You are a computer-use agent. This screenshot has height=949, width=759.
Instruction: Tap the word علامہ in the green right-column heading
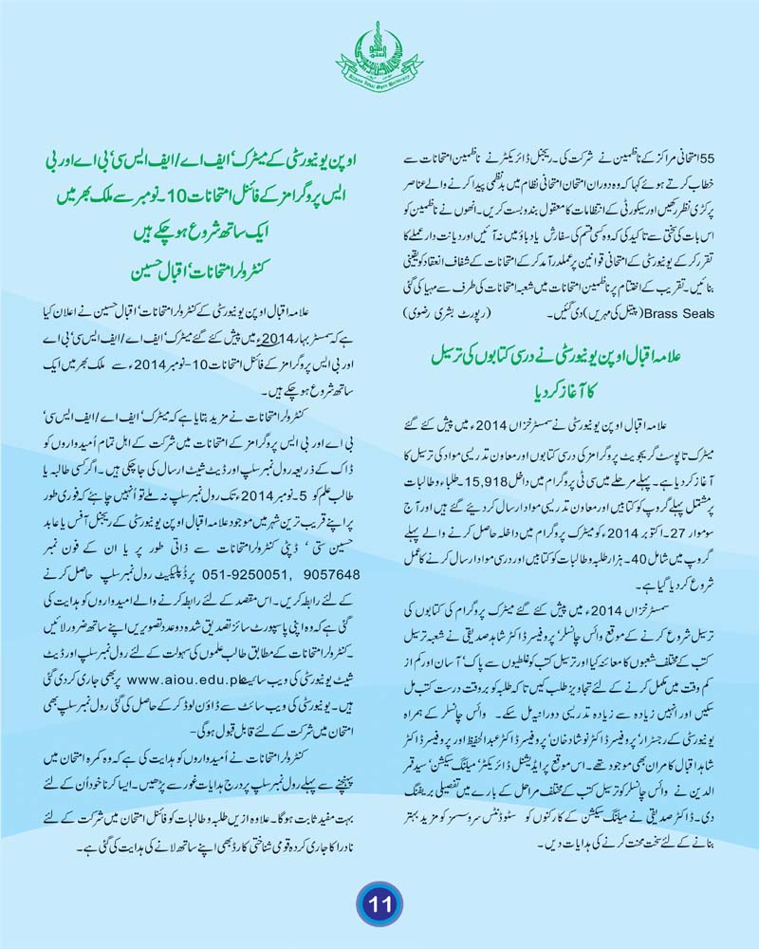click(698, 355)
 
